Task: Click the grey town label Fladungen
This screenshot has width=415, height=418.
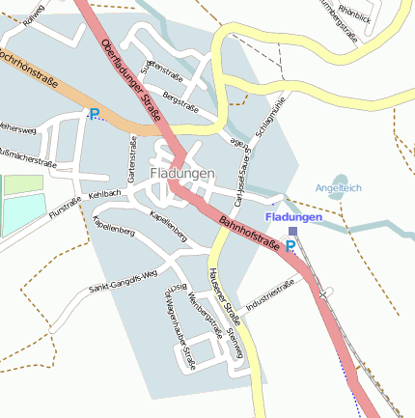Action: coord(181,174)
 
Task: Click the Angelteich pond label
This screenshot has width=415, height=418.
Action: coord(338,187)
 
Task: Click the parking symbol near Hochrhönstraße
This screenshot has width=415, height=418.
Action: coord(95,114)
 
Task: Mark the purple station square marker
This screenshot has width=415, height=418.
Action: coord(292,231)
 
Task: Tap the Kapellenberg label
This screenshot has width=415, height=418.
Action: coord(167,225)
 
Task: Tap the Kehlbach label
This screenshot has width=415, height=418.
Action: coord(104,195)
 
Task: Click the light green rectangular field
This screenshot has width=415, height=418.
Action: coord(23,182)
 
